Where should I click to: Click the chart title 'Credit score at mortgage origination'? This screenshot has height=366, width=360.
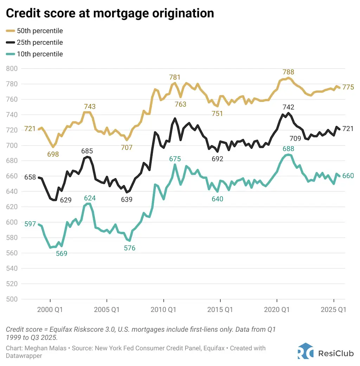[x=110, y=13]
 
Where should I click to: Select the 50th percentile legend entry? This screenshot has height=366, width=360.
[x=40, y=31]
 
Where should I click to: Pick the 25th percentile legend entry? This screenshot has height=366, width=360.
[x=40, y=43]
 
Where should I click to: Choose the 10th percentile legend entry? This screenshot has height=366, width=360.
[x=40, y=54]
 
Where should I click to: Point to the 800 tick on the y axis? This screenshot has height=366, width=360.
[x=12, y=69]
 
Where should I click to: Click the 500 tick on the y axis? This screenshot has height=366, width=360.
[x=12, y=299]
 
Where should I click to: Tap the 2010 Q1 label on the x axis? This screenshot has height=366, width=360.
[x=163, y=310]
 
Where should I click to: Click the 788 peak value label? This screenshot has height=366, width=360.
[x=288, y=72]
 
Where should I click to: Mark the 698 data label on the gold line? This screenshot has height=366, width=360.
[x=53, y=154]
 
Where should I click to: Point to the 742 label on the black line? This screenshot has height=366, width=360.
[x=288, y=107]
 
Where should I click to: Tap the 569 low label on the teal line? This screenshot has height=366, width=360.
[x=62, y=253]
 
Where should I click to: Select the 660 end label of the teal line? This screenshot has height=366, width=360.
[x=348, y=176]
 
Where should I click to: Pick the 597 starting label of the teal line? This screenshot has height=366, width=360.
[x=30, y=224]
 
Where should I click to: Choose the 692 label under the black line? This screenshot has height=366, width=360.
[x=217, y=159]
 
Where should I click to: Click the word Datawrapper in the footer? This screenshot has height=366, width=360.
[x=24, y=356]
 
